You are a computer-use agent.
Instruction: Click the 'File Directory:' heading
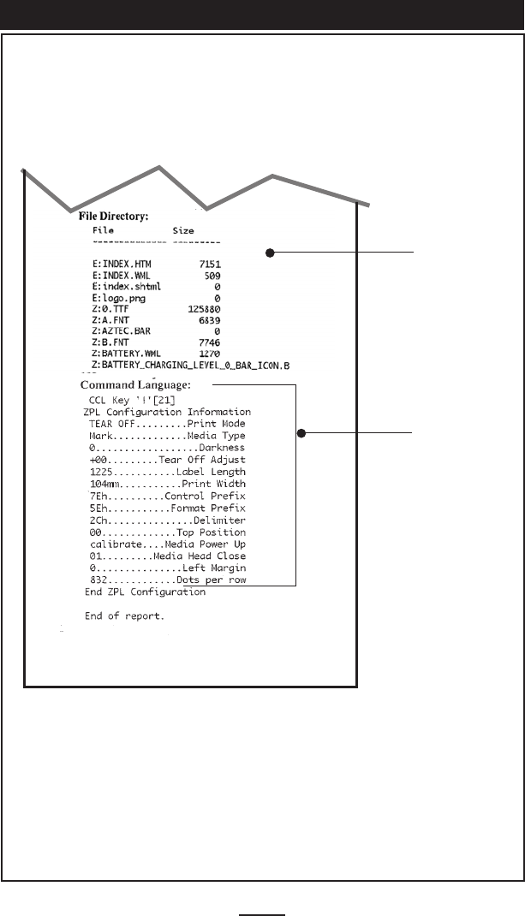pos(115,217)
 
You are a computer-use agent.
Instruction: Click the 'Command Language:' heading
pos(135,385)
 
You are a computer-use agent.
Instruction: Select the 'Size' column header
pos(183,230)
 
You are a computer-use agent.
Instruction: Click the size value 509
pos(213,277)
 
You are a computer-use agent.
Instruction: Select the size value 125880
pos(205,309)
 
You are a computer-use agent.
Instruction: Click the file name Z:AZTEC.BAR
pos(122,331)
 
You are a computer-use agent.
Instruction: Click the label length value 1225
pos(101,472)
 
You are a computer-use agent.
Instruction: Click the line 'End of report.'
pos(125,616)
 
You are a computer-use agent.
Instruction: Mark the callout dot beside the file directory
pos(270,253)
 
